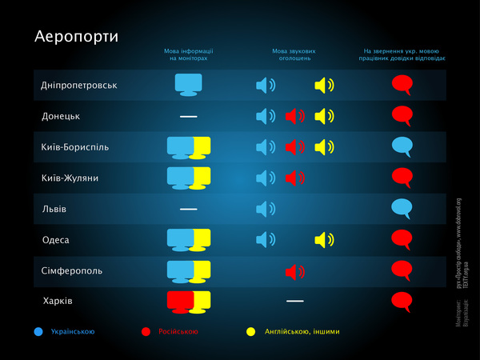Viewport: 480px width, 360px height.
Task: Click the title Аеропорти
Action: tap(76, 38)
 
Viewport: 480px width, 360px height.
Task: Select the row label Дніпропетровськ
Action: tap(79, 86)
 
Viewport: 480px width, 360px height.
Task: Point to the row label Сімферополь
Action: tap(72, 270)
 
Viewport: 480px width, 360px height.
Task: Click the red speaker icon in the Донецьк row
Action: tap(295, 116)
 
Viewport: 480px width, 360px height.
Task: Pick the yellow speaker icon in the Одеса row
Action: tap(324, 239)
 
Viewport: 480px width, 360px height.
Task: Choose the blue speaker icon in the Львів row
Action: tap(266, 209)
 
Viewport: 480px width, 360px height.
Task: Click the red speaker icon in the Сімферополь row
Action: tap(295, 272)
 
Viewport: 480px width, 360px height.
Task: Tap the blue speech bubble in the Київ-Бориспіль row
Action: tap(402, 146)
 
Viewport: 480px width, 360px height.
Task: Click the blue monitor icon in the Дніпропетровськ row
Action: tap(189, 84)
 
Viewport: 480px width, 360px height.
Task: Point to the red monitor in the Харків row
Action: tap(178, 302)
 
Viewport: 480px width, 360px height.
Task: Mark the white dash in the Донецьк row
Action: tap(188, 117)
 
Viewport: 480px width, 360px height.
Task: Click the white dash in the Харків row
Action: tap(295, 301)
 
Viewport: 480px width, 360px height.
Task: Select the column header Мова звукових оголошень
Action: tap(291, 54)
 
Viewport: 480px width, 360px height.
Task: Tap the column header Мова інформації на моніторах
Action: tap(189, 54)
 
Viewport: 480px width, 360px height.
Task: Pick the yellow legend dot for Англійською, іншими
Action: tap(250, 331)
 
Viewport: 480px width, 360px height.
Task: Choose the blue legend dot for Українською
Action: tap(38, 331)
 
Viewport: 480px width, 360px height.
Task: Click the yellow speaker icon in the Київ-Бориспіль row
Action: tap(324, 147)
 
